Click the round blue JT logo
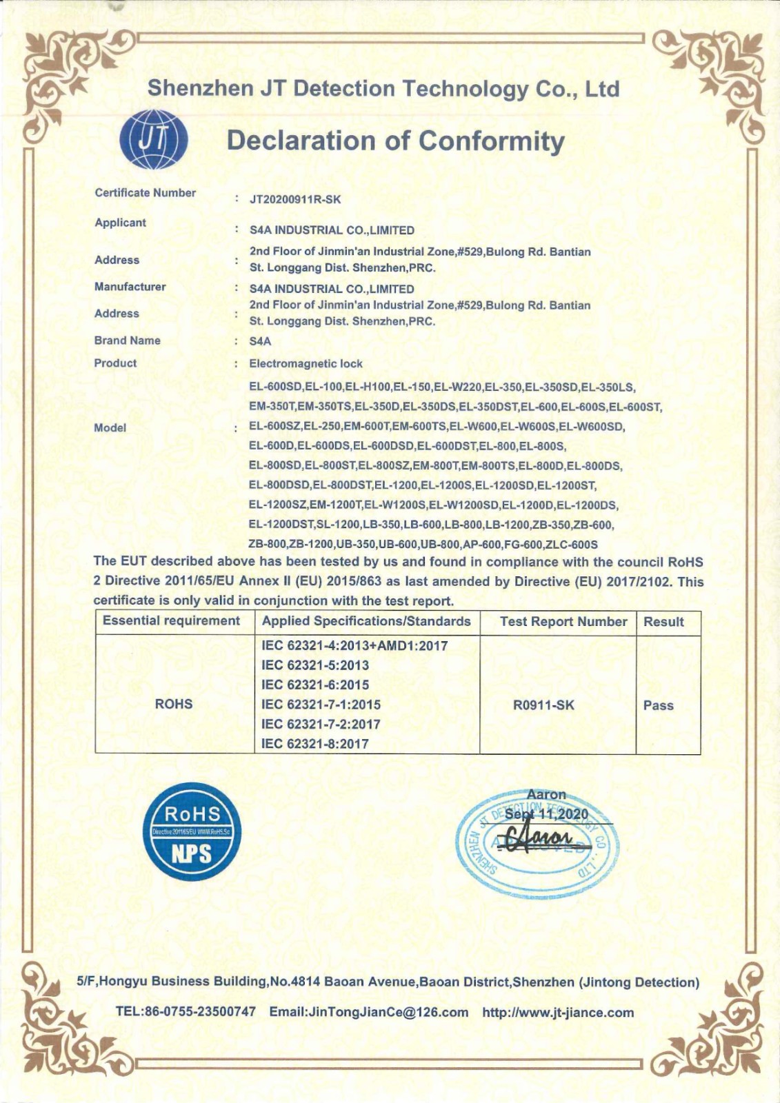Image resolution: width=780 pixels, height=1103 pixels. [154, 140]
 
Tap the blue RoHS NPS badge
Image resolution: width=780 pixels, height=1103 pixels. [191, 831]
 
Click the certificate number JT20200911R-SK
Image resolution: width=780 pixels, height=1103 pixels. [294, 200]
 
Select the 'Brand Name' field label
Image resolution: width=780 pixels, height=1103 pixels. [127, 341]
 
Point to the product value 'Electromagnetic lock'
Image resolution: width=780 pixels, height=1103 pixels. [306, 363]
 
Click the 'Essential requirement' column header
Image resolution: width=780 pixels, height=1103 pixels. [171, 621]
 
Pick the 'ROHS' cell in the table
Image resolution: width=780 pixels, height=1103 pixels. [174, 704]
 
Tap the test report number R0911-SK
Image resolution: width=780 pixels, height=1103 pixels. [543, 705]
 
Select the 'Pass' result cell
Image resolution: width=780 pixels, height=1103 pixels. [658, 705]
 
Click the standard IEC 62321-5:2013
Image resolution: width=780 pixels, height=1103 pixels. [314, 665]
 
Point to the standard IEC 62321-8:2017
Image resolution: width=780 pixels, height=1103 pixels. [314, 744]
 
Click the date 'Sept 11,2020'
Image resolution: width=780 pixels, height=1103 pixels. [546, 814]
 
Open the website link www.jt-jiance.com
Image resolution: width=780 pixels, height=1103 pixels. [558, 1012]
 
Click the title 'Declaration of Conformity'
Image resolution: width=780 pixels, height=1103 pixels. [395, 141]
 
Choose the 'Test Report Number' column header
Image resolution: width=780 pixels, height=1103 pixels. [563, 622]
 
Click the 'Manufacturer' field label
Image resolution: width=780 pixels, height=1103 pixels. [130, 287]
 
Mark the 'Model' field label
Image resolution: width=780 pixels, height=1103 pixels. [110, 427]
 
